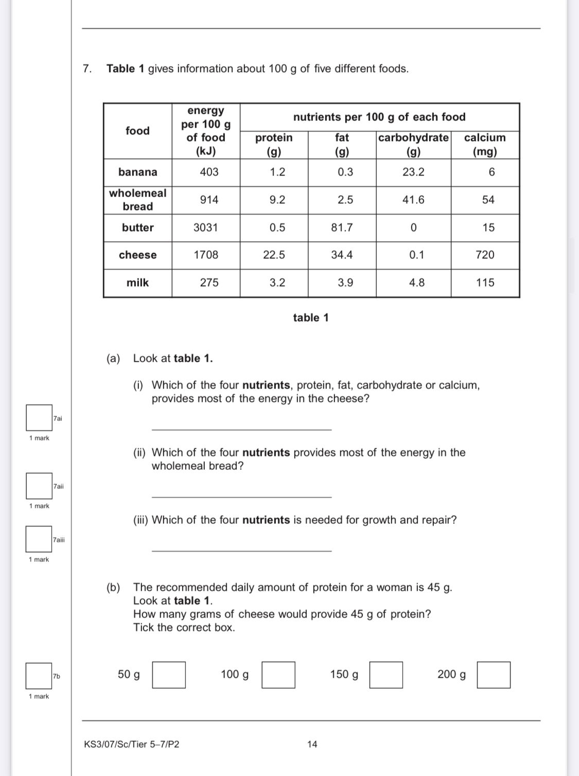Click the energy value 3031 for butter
coord(206,227)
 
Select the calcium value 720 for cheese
coord(485,255)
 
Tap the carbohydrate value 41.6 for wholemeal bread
coord(413,200)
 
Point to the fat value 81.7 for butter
coord(342,227)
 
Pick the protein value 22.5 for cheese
coord(274,255)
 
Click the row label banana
coord(137,172)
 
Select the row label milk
coord(137,283)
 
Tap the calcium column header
coord(485,144)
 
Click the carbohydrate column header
coord(413,144)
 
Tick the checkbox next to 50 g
coord(169,675)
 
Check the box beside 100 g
coord(278,675)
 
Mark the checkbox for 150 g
coord(386,675)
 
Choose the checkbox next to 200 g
coord(494,675)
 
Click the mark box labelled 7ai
coord(39,418)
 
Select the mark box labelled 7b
coord(39,676)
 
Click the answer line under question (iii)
coord(241,550)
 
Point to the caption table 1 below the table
coord(311,318)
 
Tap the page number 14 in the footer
coord(312,744)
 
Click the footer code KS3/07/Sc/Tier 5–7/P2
coord(132,744)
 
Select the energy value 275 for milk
coord(209,283)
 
